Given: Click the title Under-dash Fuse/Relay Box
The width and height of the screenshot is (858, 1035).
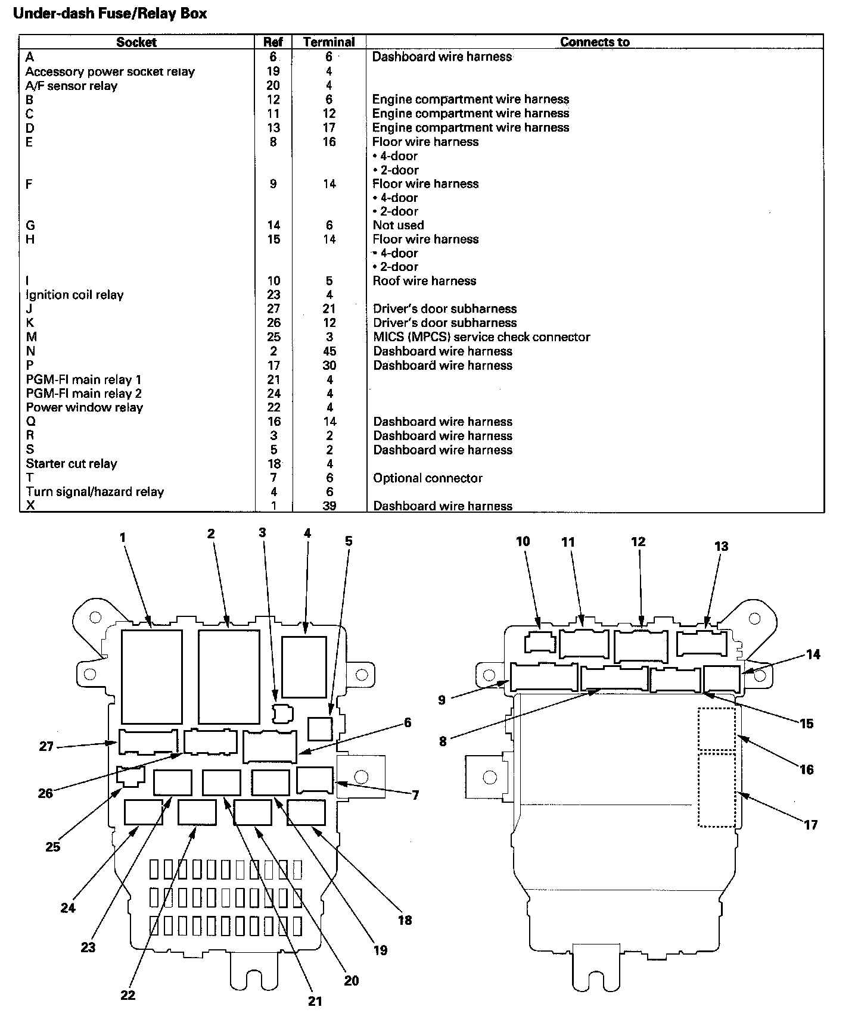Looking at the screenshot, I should pyautogui.click(x=110, y=14).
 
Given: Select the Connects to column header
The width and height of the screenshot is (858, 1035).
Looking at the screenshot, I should pyautogui.click(x=595, y=42).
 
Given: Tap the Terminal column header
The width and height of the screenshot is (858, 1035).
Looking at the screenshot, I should pyautogui.click(x=329, y=42).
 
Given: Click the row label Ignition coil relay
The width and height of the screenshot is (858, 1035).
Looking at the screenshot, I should pyautogui.click(x=74, y=295).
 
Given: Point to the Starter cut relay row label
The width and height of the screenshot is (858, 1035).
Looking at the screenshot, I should pyautogui.click(x=71, y=464).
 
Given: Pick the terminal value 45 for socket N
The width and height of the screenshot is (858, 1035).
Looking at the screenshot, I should pyautogui.click(x=329, y=351).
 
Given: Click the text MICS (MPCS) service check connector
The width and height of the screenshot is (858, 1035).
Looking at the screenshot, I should pyautogui.click(x=481, y=337).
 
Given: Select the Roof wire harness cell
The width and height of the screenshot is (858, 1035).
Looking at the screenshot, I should pyautogui.click(x=424, y=280).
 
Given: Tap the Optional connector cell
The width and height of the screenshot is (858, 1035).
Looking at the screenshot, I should pyautogui.click(x=428, y=478).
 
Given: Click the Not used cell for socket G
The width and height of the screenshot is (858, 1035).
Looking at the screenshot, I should pyautogui.click(x=398, y=225).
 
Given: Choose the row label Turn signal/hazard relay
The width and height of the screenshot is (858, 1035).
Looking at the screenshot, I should pyautogui.click(x=95, y=492).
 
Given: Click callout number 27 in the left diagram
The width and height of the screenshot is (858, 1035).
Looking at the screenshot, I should pyautogui.click(x=46, y=746).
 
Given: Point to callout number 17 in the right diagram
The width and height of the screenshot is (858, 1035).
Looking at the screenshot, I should pyautogui.click(x=810, y=825).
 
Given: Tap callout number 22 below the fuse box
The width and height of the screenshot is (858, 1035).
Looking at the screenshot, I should pyautogui.click(x=128, y=995).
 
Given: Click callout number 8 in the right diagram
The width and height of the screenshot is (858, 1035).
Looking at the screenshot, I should pyautogui.click(x=443, y=742).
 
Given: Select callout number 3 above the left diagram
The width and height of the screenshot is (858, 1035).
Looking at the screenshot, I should pyautogui.click(x=262, y=533).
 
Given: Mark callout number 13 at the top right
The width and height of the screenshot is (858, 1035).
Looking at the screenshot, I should pyautogui.click(x=721, y=546).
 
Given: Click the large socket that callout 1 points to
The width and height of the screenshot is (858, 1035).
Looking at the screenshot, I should pyautogui.click(x=151, y=676).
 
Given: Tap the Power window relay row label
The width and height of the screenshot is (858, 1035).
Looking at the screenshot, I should pyautogui.click(x=85, y=408).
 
